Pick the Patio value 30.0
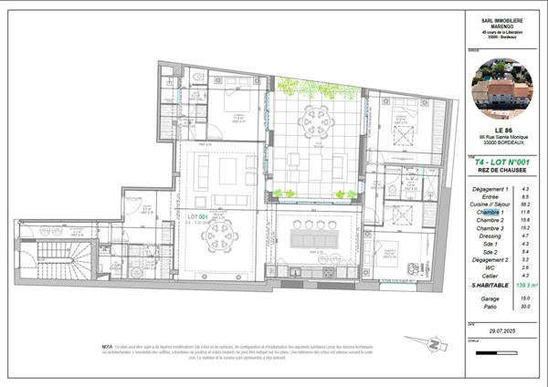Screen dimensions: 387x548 pos(524,306)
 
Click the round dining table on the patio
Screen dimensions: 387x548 pos(315,117)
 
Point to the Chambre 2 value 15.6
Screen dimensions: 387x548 pos(525,220)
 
